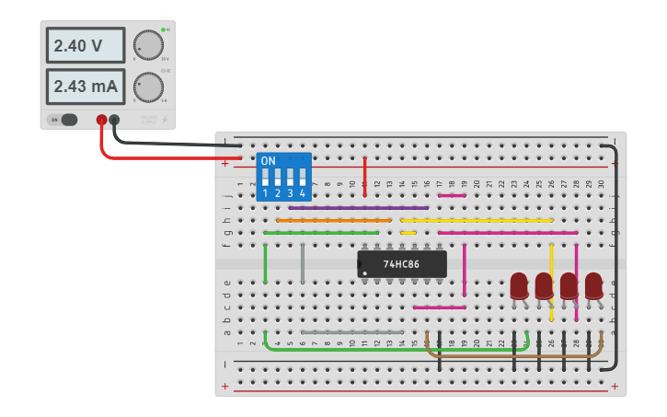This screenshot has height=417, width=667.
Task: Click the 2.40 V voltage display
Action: click(x=85, y=45)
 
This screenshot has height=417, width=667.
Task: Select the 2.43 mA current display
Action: click(x=85, y=87)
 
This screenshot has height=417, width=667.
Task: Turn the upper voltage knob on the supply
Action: click(x=147, y=44)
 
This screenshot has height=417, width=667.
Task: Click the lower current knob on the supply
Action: click(x=147, y=87)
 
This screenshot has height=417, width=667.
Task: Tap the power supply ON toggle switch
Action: click(x=64, y=120)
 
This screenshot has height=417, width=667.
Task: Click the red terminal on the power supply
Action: click(x=101, y=120)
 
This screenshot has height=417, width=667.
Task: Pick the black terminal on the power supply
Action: click(x=114, y=120)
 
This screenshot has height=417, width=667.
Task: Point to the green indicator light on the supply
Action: click(x=163, y=30)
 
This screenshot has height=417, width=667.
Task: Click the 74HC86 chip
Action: click(x=402, y=264)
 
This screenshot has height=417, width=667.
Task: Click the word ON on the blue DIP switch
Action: click(x=268, y=161)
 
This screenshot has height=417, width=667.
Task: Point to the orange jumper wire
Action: click(x=333, y=220)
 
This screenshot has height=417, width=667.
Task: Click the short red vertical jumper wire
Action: click(x=365, y=176)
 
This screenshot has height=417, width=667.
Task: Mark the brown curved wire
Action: click(x=515, y=355)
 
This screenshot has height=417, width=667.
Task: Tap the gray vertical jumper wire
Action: click(x=303, y=264)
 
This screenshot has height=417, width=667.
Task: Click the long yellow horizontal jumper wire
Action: click(x=477, y=220)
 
